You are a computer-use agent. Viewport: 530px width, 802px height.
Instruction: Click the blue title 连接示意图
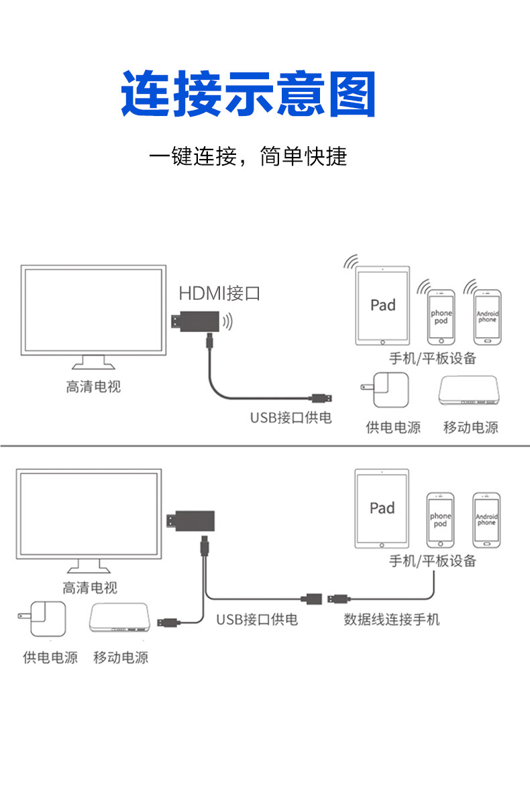pos(249,93)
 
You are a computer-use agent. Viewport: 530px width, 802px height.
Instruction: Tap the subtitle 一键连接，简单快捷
pos(248,156)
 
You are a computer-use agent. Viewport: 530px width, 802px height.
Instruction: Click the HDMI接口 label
pos(219,294)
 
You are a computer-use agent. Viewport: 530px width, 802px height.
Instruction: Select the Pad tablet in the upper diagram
pos(382,305)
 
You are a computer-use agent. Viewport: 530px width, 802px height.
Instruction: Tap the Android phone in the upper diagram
pos(488,317)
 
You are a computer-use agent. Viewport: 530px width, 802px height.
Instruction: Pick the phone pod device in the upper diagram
pos(441,317)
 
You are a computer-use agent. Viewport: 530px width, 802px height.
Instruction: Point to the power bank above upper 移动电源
pos(468,391)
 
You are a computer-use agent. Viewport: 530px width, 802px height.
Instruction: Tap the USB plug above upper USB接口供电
pos(322,398)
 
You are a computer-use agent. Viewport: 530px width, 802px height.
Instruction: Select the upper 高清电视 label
pos(93,387)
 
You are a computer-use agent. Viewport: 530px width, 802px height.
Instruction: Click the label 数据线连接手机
pos(392,620)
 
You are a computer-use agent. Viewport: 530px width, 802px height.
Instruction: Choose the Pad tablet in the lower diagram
pos(382,508)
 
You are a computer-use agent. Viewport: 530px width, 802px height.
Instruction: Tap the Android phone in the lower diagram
pos(486,520)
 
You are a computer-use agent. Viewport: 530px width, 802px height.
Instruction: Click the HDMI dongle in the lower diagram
pos(191,521)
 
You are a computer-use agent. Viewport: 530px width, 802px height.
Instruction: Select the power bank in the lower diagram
pos(119,618)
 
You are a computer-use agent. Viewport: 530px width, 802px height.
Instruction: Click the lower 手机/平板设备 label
pos(433,561)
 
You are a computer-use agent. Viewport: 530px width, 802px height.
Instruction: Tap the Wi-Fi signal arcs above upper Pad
pos(350,262)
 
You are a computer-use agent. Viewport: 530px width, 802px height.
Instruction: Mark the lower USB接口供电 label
pos(257,620)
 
